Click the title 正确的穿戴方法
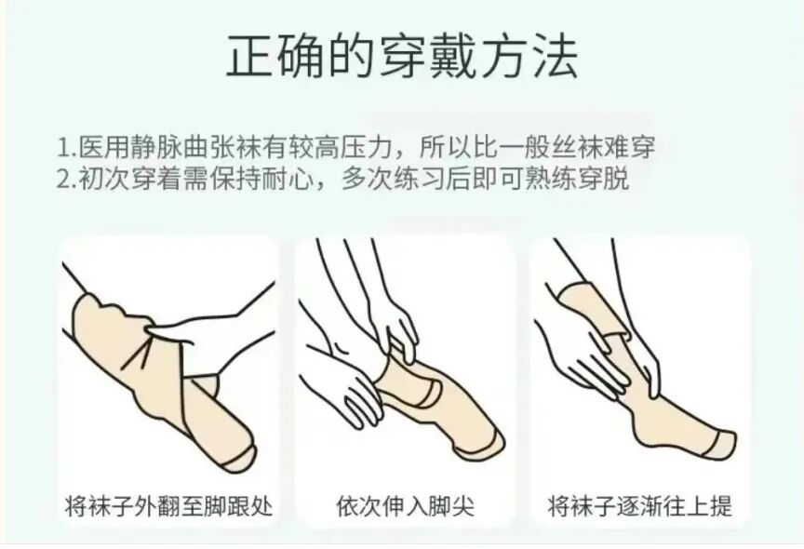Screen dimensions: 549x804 402,58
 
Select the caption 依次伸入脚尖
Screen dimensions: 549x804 405,507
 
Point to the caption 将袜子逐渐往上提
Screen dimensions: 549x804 640,507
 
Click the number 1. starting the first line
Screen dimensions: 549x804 67,148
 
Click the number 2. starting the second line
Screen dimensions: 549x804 67,179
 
